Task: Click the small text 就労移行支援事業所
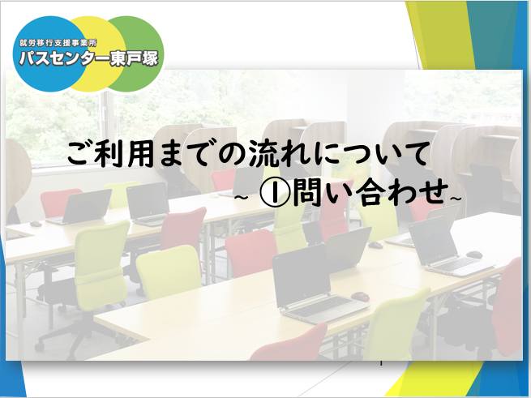(58, 43)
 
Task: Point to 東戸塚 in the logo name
(135, 59)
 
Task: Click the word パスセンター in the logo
(64, 59)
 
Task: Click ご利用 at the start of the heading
(111, 155)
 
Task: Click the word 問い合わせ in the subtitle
(368, 194)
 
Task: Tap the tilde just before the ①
(242, 198)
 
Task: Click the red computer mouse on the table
(360, 297)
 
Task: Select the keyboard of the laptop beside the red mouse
(322, 306)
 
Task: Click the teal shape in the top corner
(491, 34)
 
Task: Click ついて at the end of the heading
(383, 155)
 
